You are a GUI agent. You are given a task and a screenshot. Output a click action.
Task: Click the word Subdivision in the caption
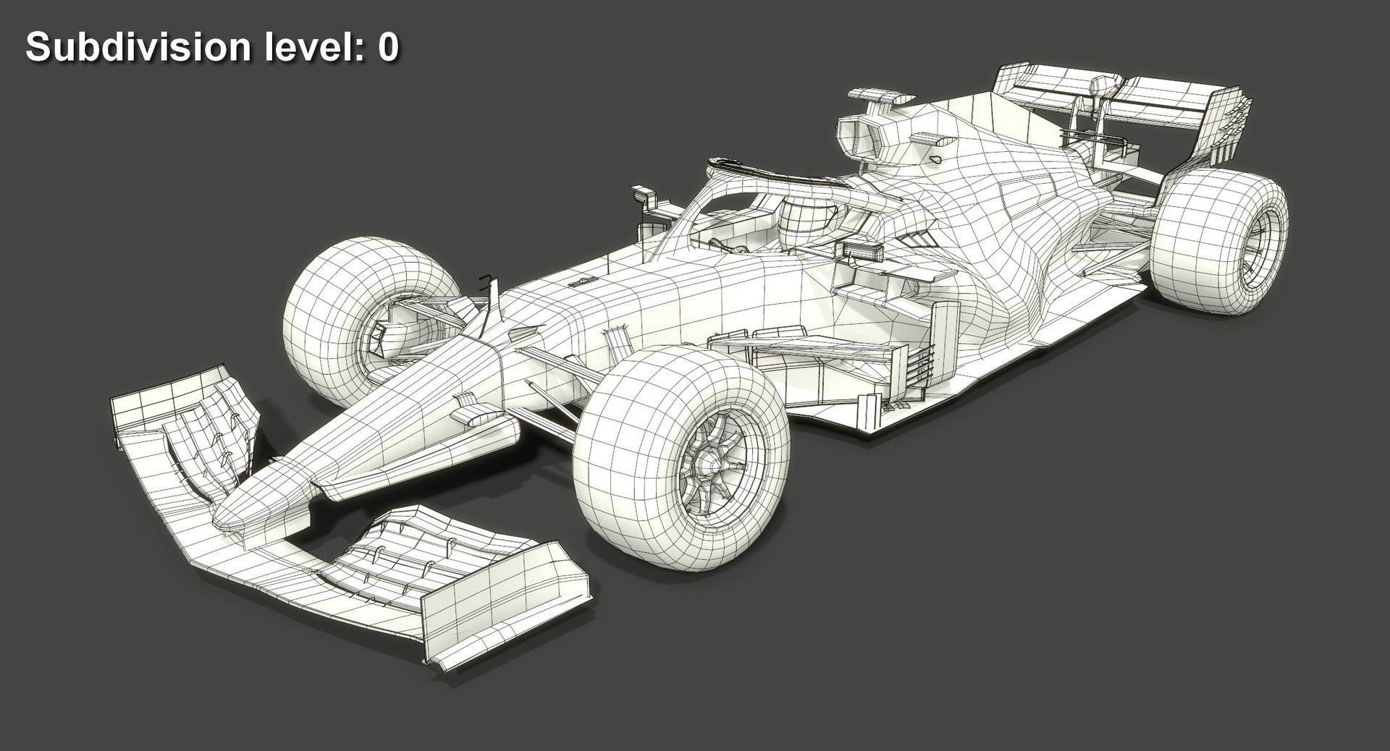[x=137, y=47]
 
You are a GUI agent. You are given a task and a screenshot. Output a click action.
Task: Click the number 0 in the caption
[x=387, y=47]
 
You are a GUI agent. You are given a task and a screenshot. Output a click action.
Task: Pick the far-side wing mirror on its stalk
[x=641, y=194]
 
